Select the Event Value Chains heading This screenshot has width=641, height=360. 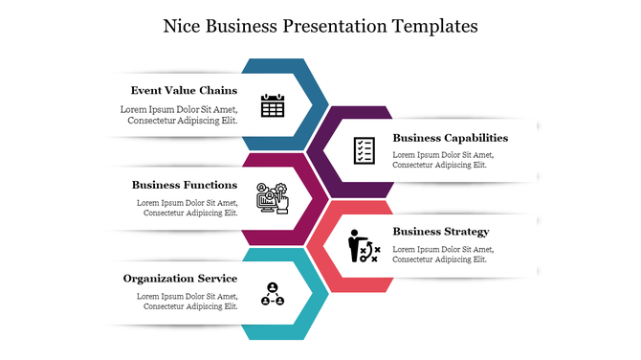pyautogui.click(x=184, y=90)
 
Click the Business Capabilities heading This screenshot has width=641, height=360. pyautogui.click(x=450, y=137)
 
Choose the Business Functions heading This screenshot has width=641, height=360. pyautogui.click(x=185, y=184)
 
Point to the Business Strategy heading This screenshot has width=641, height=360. pyautogui.click(x=440, y=231)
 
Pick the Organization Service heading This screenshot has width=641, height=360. pyautogui.click(x=180, y=278)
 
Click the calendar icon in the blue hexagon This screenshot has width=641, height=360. pyautogui.click(x=273, y=104)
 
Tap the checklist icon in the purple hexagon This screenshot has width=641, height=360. pyautogui.click(x=364, y=150)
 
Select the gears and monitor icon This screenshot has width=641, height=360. pyautogui.click(x=273, y=197)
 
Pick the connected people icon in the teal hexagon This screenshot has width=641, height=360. pyautogui.click(x=273, y=293)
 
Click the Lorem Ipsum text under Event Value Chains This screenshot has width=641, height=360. pyautogui.click(x=179, y=115)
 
